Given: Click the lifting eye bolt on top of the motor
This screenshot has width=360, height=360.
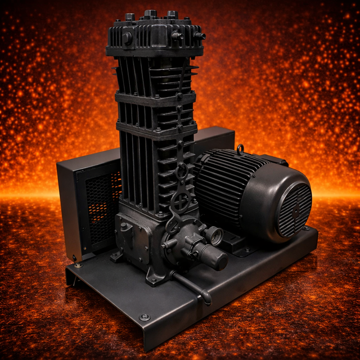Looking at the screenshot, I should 240,150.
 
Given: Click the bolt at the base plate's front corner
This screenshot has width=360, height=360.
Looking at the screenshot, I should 145,317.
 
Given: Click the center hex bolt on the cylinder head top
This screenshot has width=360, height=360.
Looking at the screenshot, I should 150,14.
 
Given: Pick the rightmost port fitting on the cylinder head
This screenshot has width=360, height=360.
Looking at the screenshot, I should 199,35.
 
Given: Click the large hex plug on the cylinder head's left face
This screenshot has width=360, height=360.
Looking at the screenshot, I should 127,38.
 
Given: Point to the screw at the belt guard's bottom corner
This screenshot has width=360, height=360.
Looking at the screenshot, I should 75,258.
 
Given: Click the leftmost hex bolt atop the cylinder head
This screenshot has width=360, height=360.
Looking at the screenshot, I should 129,17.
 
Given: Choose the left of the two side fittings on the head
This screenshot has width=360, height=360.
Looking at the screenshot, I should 177,35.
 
